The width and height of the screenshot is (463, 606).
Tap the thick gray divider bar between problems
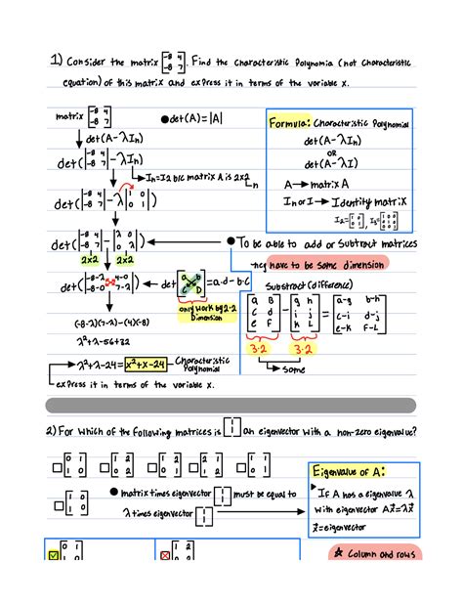pos(231,405)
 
